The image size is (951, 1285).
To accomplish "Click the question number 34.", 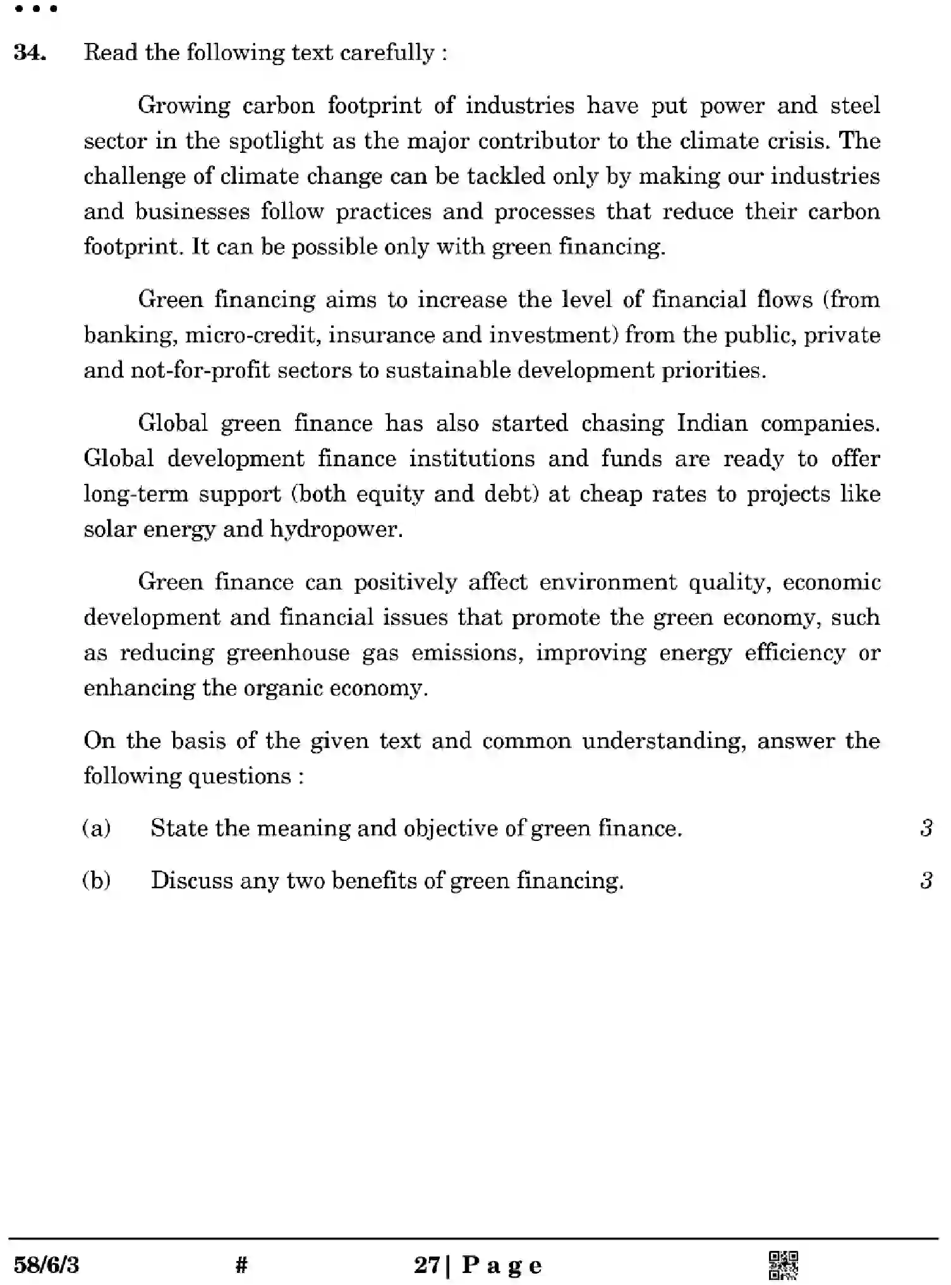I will [x=29, y=52].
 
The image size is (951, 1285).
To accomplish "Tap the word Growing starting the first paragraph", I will [x=184, y=106].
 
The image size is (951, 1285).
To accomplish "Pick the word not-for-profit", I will [x=200, y=370].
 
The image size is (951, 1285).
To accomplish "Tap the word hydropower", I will [x=336, y=529].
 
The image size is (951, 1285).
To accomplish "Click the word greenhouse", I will [x=288, y=652].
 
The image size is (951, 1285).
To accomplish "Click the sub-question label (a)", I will [x=97, y=828].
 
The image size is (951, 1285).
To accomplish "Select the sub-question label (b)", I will [x=97, y=880].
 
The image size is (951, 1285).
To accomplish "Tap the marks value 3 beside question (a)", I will [x=926, y=828].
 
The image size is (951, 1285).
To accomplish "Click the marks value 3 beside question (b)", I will [x=926, y=880].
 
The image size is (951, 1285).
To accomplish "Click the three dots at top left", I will [x=36, y=9].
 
